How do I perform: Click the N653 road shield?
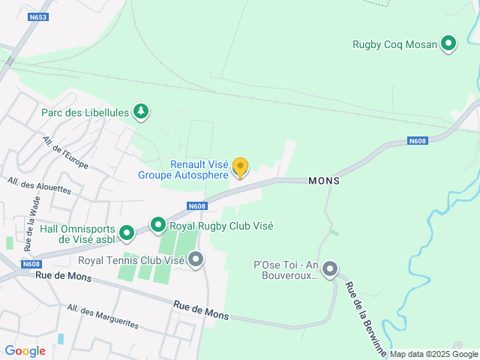pos(39,16)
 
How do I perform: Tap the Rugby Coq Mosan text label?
pos(394,44)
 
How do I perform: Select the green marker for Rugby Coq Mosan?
pos(448,43)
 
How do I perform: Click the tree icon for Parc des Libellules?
pos(140,112)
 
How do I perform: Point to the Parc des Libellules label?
pos(84,113)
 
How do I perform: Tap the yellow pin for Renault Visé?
pos(240,168)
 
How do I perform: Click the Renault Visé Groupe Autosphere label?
pos(183,170)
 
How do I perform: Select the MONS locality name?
pos(324,181)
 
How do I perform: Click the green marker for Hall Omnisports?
pos(127,234)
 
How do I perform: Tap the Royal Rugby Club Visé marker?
pos(157,225)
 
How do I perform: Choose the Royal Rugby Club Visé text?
pos(221,226)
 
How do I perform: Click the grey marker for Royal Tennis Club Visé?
pos(196,260)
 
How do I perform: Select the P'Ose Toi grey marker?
pos(329,269)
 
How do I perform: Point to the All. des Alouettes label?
pos(39,185)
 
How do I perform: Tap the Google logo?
pos(25,350)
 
